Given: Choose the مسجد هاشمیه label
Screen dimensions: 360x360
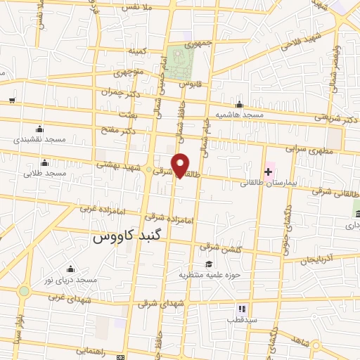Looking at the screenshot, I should coord(239,114).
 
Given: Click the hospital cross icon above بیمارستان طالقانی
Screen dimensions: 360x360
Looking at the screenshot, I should coord(268,172).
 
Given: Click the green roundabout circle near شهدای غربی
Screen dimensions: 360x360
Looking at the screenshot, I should coord(25,290).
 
